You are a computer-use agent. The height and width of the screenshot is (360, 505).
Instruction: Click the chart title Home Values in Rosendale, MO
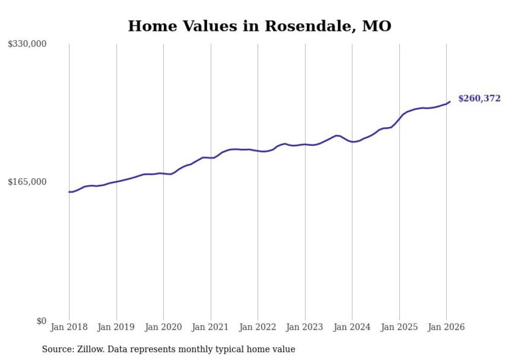click(x=259, y=26)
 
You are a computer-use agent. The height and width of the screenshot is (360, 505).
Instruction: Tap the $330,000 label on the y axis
click(x=27, y=44)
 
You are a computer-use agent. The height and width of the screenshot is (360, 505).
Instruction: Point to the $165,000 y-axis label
click(x=27, y=182)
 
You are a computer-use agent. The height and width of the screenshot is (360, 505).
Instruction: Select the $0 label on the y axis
click(x=41, y=321)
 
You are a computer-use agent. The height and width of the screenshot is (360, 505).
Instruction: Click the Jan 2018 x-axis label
click(x=69, y=327)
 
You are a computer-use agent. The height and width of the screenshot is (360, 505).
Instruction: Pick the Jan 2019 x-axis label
click(x=116, y=327)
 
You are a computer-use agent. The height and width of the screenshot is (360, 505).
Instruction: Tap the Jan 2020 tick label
click(x=163, y=327)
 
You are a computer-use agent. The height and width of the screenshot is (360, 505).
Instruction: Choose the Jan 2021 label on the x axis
click(x=211, y=327)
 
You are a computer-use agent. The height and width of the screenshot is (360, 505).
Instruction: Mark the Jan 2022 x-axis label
click(x=258, y=327)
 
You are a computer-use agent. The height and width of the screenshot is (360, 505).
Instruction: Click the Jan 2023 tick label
click(x=305, y=327)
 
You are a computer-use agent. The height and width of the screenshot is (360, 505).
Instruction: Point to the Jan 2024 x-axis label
click(x=352, y=327)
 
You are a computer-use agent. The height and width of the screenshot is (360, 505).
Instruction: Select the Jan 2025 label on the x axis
click(x=399, y=327)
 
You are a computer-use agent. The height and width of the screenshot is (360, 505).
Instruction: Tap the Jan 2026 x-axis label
click(x=446, y=327)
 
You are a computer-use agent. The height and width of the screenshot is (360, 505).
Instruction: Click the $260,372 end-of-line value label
click(x=479, y=98)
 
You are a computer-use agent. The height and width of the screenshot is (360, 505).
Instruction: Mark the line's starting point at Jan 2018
click(x=69, y=192)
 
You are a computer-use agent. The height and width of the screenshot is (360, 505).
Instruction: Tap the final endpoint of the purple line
click(x=450, y=101)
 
